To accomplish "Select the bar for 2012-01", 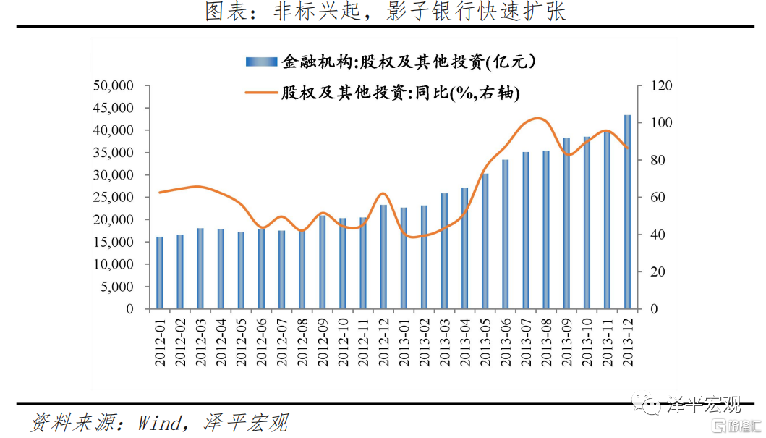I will click(x=159, y=272).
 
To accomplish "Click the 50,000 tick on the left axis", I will click(x=114, y=86).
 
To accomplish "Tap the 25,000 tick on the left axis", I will click(x=114, y=198).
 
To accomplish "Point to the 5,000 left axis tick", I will click(x=117, y=287).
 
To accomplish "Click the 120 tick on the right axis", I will click(x=663, y=86).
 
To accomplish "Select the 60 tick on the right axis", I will click(x=660, y=198).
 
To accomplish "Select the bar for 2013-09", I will click(x=566, y=223).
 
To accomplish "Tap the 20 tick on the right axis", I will click(x=660, y=272).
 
